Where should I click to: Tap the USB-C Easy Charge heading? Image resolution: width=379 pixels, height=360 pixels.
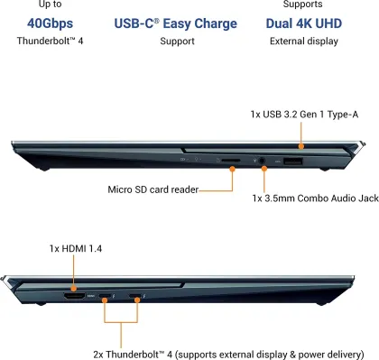177,22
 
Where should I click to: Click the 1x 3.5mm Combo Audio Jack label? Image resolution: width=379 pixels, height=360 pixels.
315,198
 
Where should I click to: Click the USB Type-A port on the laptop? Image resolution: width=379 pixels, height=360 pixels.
291,162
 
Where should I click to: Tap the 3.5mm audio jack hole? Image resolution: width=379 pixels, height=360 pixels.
263,162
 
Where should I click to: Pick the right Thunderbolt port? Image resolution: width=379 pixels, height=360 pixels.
138,296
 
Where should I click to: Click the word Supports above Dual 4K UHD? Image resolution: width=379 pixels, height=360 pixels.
302,5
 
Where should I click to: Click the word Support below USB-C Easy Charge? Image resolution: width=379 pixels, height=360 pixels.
177,41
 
